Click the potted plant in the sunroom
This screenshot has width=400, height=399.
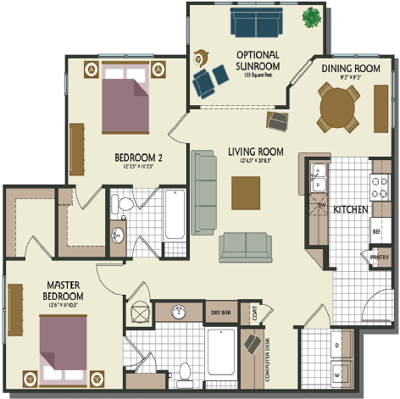(x=313, y=15)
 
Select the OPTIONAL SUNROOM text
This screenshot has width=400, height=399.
(x=258, y=61)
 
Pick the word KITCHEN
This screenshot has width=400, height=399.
(x=349, y=209)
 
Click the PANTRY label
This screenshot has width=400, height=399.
(x=379, y=258)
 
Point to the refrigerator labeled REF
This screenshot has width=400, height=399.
(x=375, y=230)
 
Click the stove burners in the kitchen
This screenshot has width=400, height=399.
(x=375, y=183)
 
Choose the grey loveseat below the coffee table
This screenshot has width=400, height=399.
(x=246, y=246)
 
